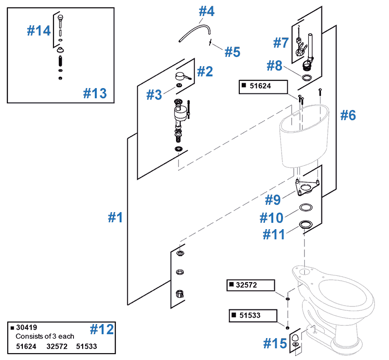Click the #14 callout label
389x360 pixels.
(x=39, y=31)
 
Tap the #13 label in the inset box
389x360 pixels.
(x=94, y=93)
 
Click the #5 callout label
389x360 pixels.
(x=232, y=52)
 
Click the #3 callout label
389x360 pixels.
(x=154, y=95)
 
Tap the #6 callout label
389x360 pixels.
(x=348, y=116)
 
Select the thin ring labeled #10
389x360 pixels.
(x=305, y=208)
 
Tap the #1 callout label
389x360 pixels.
(x=115, y=217)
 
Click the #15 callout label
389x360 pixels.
(x=275, y=343)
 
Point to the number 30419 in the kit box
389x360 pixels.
(x=28, y=328)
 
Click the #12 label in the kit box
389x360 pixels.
(x=102, y=329)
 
